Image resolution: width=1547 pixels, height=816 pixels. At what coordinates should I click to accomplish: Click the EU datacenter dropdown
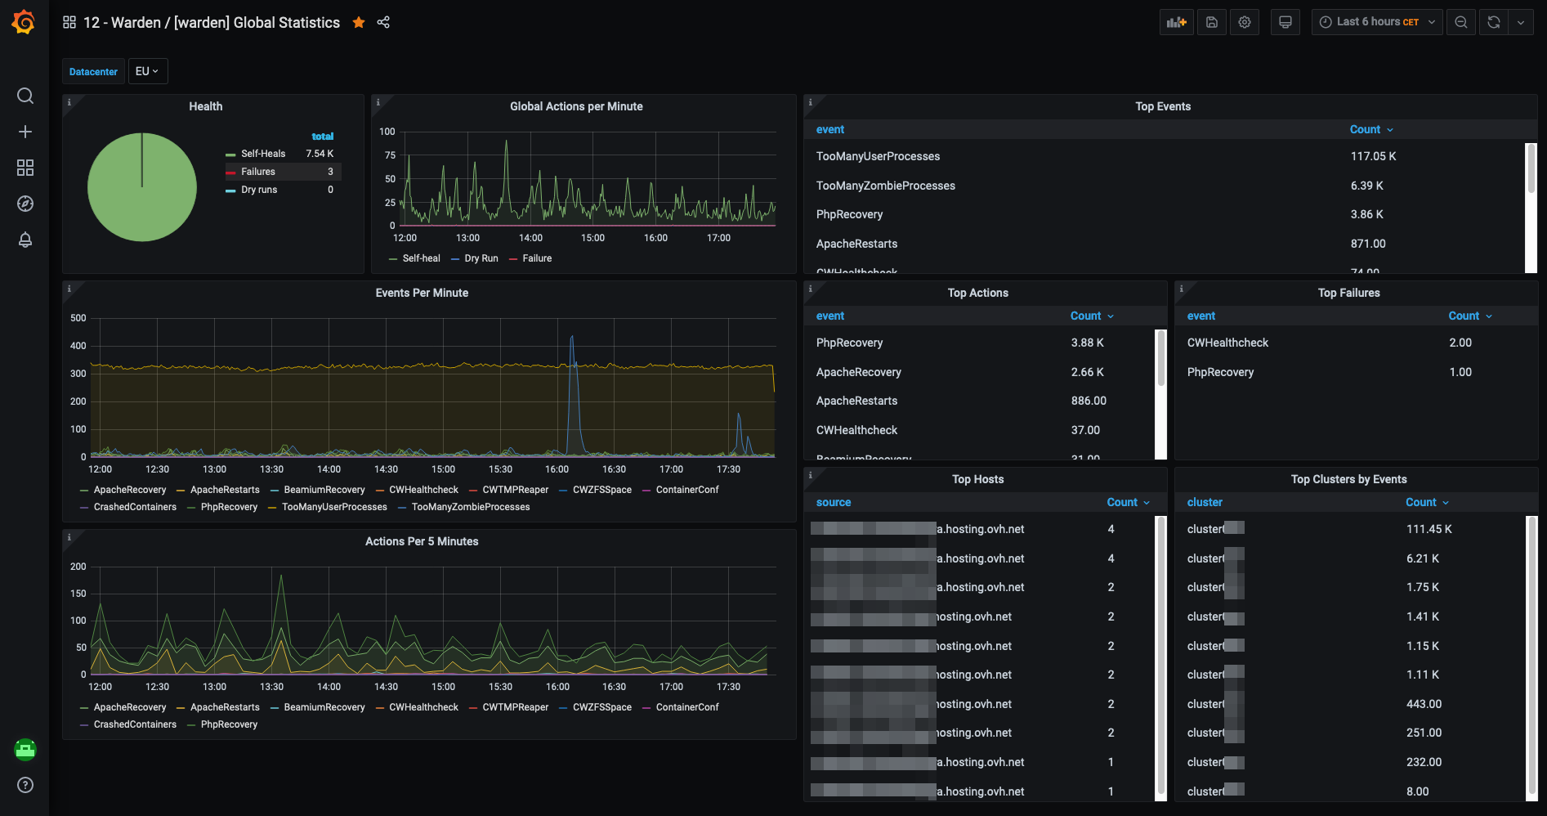pos(147,71)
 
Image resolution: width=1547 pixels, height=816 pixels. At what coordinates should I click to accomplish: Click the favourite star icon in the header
pos(358,23)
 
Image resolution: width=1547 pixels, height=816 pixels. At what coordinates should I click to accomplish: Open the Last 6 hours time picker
pos(1376,22)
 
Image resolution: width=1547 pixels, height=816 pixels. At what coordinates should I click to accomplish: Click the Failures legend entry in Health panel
pos(258,172)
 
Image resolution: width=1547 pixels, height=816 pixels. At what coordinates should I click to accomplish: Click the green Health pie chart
pos(142,187)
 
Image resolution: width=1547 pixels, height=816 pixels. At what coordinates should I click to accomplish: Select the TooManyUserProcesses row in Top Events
pos(878,156)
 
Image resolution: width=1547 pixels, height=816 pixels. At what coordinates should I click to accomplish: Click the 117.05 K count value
pos(1373,156)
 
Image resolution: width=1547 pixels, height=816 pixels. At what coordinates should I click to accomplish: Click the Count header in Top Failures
pos(1464,316)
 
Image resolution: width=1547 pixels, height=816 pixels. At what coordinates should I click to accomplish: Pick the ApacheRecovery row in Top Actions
pos(858,372)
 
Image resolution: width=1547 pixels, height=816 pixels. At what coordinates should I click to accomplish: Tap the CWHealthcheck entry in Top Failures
pos(1227,343)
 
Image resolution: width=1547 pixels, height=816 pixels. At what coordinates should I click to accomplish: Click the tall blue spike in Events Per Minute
pos(572,352)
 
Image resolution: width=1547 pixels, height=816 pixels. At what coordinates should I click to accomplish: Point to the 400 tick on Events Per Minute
pos(78,346)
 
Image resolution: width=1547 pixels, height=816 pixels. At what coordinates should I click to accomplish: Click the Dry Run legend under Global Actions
pos(481,258)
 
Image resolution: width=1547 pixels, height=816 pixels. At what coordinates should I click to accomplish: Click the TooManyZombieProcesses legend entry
pos(470,507)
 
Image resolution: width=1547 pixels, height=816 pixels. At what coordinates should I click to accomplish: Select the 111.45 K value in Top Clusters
pos(1429,529)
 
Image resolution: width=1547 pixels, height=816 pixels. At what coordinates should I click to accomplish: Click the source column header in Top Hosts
pos(834,502)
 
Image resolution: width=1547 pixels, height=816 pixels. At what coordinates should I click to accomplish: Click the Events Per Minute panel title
pos(422,293)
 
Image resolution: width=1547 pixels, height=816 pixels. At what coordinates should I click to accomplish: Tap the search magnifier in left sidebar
pos(25,96)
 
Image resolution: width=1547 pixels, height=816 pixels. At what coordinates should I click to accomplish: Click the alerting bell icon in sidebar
pos(25,240)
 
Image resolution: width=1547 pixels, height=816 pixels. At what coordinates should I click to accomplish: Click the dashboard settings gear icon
pos(1245,22)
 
